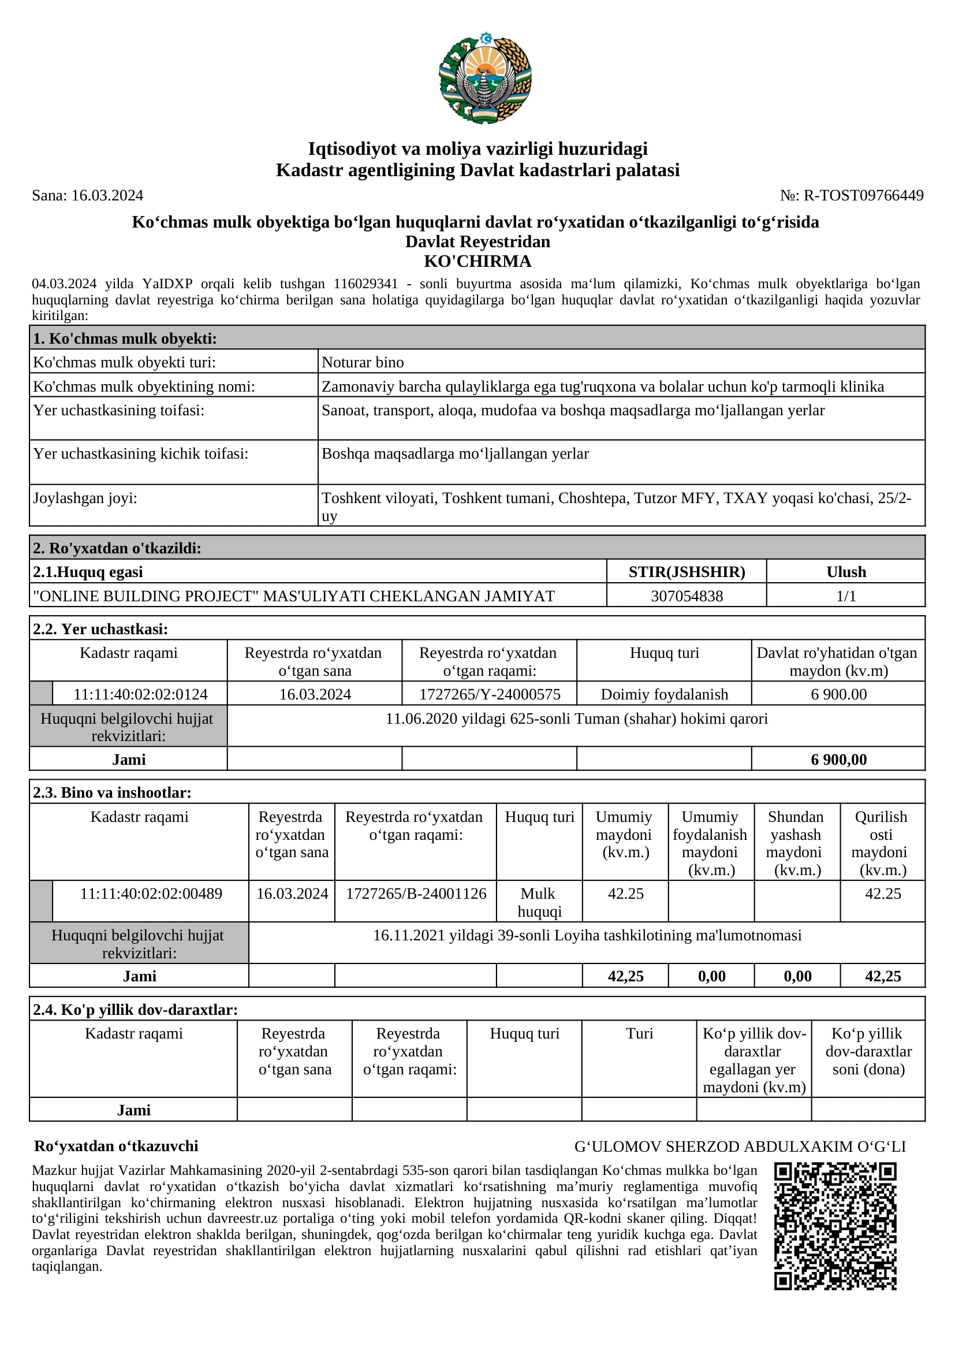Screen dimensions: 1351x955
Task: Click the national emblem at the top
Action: (x=485, y=78)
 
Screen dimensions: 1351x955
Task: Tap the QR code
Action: (x=835, y=1226)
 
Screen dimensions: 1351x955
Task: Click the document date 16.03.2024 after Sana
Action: (x=107, y=195)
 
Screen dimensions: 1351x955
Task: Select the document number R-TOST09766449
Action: (x=863, y=195)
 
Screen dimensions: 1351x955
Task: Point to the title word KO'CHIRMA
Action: (x=477, y=261)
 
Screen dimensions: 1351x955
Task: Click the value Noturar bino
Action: (x=363, y=363)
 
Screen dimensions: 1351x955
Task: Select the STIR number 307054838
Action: (x=687, y=596)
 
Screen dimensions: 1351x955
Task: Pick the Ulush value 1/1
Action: (x=846, y=596)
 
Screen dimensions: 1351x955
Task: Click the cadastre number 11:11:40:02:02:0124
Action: (x=140, y=694)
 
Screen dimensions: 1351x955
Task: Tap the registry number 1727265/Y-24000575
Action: (x=490, y=694)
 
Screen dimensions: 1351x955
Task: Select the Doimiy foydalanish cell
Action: (x=665, y=694)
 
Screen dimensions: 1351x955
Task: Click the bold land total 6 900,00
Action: (x=838, y=760)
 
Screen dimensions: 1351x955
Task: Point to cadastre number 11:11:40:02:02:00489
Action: (x=151, y=894)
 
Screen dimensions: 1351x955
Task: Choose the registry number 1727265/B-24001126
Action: (x=416, y=894)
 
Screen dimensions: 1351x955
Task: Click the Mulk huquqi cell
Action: (x=539, y=903)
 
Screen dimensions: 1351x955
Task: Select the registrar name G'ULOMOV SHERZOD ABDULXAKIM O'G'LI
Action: (x=740, y=1146)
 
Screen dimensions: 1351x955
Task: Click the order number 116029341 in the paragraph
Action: (x=365, y=284)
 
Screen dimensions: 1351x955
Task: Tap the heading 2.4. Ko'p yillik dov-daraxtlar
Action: (x=135, y=1010)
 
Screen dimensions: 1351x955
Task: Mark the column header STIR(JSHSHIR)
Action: (x=687, y=572)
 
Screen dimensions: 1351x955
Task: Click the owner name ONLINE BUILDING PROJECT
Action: (x=294, y=596)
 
